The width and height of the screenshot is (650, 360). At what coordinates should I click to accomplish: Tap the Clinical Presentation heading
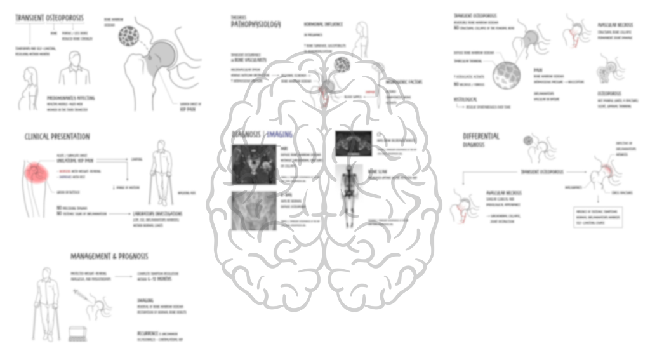57,137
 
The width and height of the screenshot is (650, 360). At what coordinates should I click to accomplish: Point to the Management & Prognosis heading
109,256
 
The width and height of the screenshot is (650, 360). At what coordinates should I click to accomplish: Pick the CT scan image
354,142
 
